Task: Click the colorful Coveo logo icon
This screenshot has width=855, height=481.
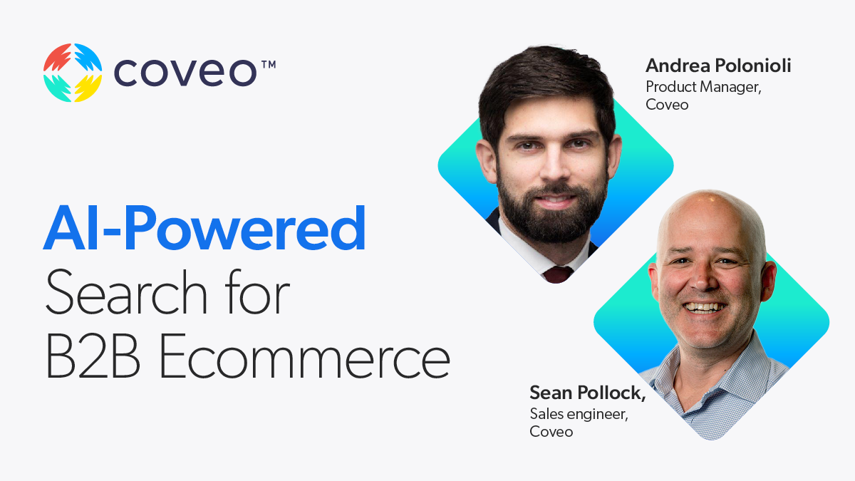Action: [73, 73]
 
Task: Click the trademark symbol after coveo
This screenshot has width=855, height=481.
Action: [268, 65]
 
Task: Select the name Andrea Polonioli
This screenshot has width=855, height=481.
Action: [718, 66]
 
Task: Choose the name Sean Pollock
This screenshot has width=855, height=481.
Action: [580, 393]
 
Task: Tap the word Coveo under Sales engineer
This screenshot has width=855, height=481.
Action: [551, 432]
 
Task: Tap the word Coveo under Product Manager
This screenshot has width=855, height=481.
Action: [667, 105]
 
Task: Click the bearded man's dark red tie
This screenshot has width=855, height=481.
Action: [557, 274]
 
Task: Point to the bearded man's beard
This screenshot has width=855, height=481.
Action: [550, 214]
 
